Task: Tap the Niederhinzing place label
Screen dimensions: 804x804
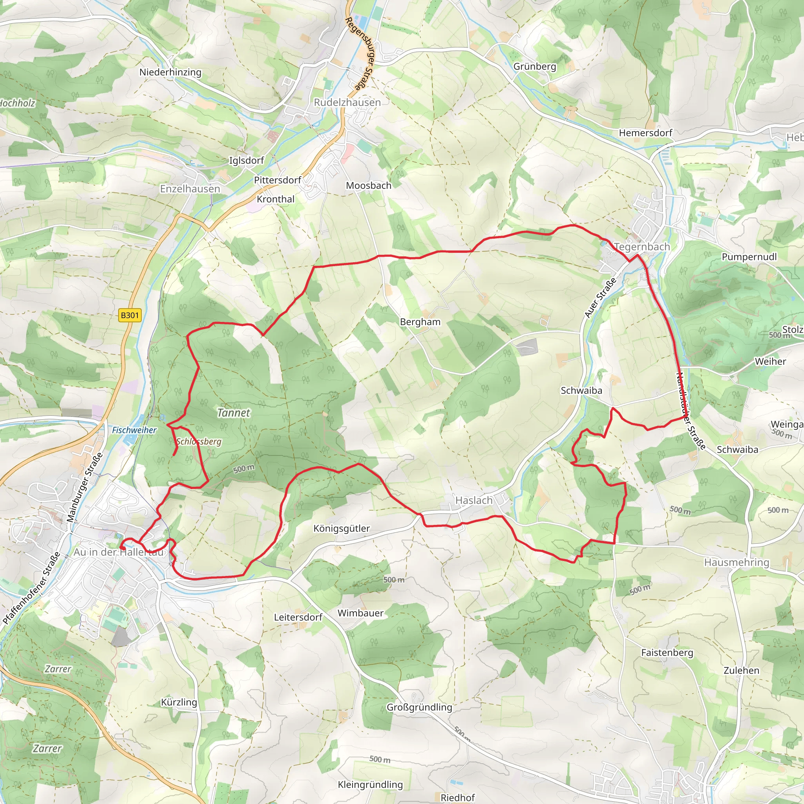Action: (170, 72)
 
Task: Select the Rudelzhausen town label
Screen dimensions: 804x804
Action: (347, 102)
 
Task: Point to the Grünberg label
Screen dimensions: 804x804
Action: (534, 67)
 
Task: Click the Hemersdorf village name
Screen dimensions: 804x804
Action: (645, 133)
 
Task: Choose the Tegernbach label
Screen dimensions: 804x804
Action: (642, 247)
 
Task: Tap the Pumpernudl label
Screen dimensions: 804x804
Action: (749, 257)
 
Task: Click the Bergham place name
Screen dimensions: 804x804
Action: (420, 322)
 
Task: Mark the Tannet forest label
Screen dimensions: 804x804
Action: (234, 413)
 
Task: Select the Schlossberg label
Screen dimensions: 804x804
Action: (199, 442)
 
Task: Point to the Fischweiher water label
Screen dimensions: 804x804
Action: (134, 430)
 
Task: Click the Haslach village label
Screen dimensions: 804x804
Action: (473, 500)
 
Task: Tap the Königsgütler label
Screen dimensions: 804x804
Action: (341, 528)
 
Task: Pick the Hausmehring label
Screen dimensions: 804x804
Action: (736, 562)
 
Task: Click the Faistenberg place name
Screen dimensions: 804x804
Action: (667, 652)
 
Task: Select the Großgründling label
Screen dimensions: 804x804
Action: (419, 707)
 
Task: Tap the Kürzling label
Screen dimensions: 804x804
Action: (179, 702)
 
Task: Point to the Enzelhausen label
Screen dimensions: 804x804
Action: (190, 189)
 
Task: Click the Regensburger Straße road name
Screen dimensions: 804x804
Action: (360, 54)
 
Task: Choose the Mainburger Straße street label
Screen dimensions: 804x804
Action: (84, 487)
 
